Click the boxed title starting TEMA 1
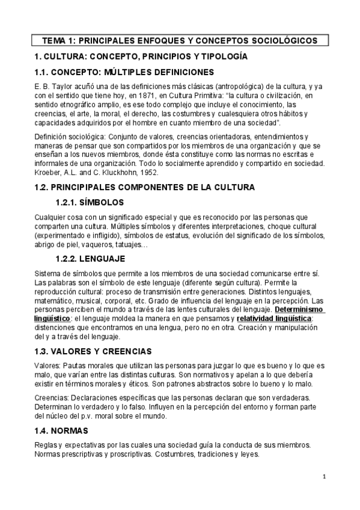pyautogui.click(x=180, y=41)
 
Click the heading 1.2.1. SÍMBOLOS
pyautogui.click(x=90, y=202)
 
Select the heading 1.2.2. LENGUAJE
pyautogui.click(x=90, y=259)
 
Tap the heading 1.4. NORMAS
pyautogui.click(x=62, y=431)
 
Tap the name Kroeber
pyautogui.click(x=48, y=171)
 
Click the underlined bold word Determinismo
pyautogui.click(x=299, y=309)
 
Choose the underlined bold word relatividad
pyautogui.click(x=256, y=318)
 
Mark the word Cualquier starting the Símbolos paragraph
pyautogui.click(x=50, y=216)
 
